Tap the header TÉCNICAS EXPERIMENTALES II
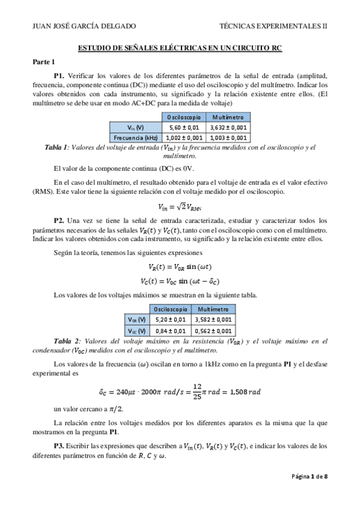(273, 26)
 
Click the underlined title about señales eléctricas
(180, 48)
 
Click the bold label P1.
(58, 76)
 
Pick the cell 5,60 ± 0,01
(184, 128)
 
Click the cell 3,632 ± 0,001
(228, 128)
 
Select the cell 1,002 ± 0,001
(184, 138)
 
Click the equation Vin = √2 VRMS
(180, 206)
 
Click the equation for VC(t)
(180, 281)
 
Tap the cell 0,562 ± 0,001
(213, 330)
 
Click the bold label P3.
(58, 446)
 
